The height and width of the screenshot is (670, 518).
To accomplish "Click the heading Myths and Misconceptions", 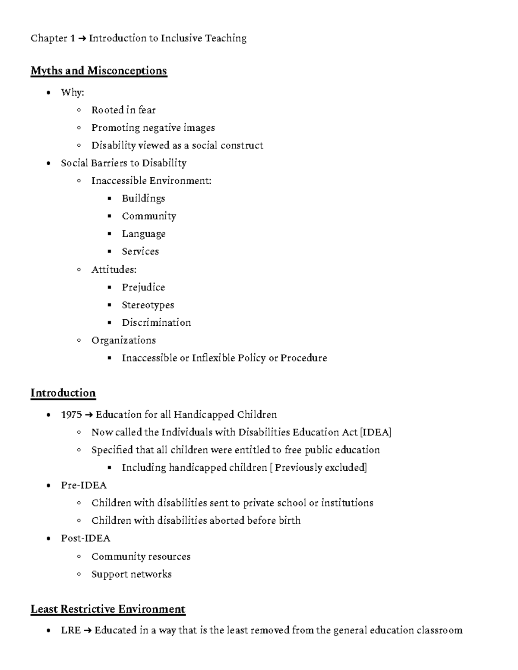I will click(98, 71).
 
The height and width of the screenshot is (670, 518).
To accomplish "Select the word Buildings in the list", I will click(143, 198).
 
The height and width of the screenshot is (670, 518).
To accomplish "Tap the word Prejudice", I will click(143, 287).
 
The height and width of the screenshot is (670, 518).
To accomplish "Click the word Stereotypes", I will click(148, 305).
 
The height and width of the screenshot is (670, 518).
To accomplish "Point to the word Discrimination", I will click(156, 323).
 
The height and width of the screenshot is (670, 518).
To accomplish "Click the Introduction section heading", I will click(63, 393).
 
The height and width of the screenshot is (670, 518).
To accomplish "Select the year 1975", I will click(71, 415).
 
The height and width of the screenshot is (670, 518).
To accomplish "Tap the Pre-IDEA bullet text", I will click(84, 485).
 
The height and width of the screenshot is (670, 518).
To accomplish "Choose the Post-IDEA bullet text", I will click(85, 538).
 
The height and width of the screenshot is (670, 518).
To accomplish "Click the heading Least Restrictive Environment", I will click(108, 609).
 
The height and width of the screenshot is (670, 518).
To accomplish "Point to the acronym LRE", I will click(71, 630).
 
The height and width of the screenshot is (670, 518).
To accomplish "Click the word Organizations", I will click(123, 340).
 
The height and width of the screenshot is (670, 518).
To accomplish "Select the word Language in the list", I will click(143, 234).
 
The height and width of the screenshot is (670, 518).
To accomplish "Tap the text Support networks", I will click(131, 574).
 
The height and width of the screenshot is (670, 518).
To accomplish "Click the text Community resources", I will click(141, 557).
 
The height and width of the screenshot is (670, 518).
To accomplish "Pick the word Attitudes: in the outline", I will click(114, 270).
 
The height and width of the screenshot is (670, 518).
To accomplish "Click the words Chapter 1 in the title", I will click(49, 38).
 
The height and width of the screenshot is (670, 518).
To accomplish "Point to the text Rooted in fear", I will click(123, 110).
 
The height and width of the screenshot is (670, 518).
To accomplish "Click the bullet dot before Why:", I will click(49, 92).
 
